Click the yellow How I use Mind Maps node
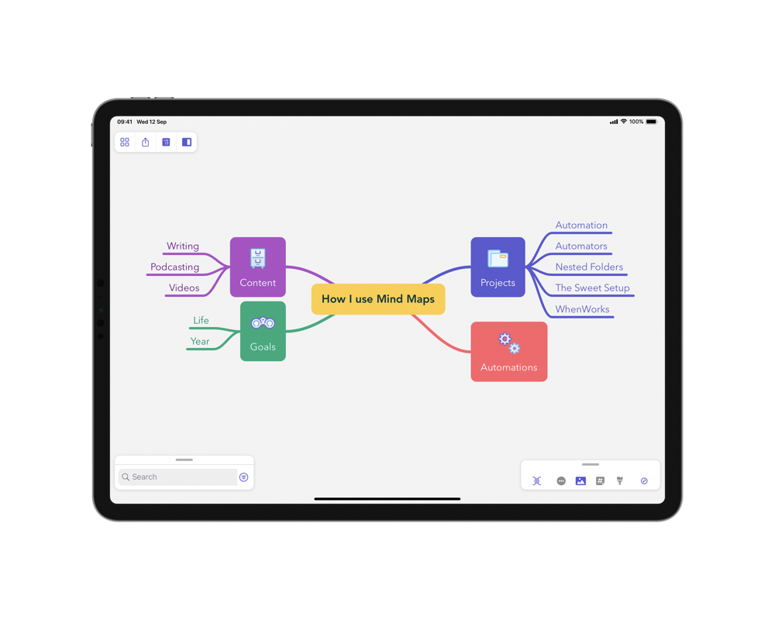point(378,299)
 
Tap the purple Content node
point(258,267)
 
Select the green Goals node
point(263,331)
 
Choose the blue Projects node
point(498,267)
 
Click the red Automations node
point(509,352)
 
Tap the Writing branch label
point(183,246)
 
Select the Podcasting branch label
point(175,267)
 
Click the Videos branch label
point(184,288)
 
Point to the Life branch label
point(201,320)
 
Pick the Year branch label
point(200,341)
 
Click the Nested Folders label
point(589,267)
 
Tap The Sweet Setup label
point(593,288)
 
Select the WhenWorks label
point(582,309)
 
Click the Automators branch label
point(581,246)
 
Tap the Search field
point(178,477)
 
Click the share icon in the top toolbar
point(146,143)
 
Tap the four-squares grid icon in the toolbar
point(125,143)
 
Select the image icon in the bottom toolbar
point(580,481)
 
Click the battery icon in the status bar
point(652,122)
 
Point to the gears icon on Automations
point(509,343)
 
